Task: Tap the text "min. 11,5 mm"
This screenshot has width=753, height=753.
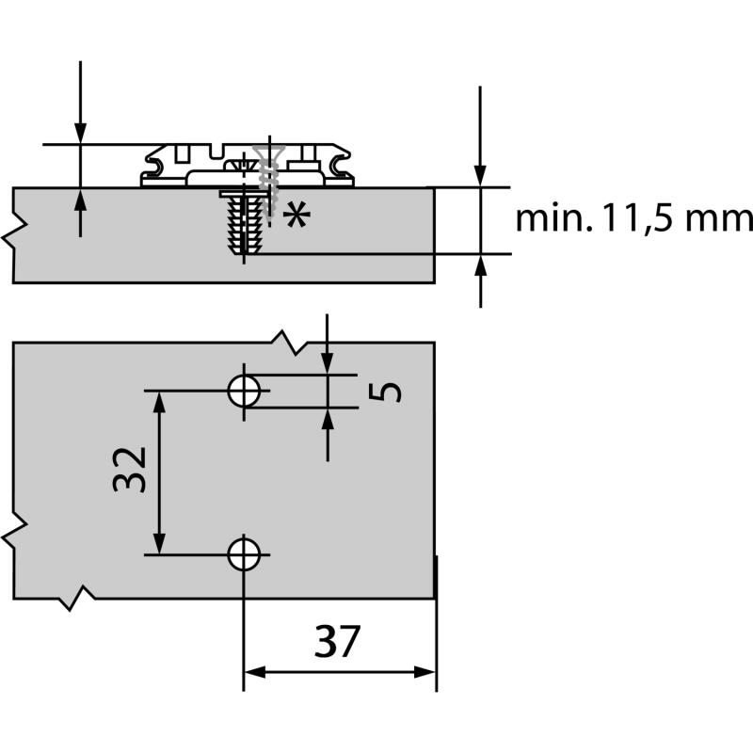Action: (x=633, y=218)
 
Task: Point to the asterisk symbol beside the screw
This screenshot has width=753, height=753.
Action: (x=296, y=216)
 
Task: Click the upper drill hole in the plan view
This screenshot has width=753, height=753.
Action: (x=245, y=390)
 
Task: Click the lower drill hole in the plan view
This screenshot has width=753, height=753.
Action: (x=245, y=554)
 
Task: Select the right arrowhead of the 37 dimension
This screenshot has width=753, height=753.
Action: (x=425, y=672)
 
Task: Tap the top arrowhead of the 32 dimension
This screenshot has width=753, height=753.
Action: (x=160, y=401)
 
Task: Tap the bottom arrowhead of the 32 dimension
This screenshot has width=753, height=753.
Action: (x=160, y=544)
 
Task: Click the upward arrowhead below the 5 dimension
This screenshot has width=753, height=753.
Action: (x=328, y=418)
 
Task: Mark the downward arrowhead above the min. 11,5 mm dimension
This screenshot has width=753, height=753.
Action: (x=481, y=176)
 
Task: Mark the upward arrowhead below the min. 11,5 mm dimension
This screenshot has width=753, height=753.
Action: (x=481, y=265)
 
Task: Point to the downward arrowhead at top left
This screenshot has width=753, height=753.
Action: (x=80, y=133)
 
